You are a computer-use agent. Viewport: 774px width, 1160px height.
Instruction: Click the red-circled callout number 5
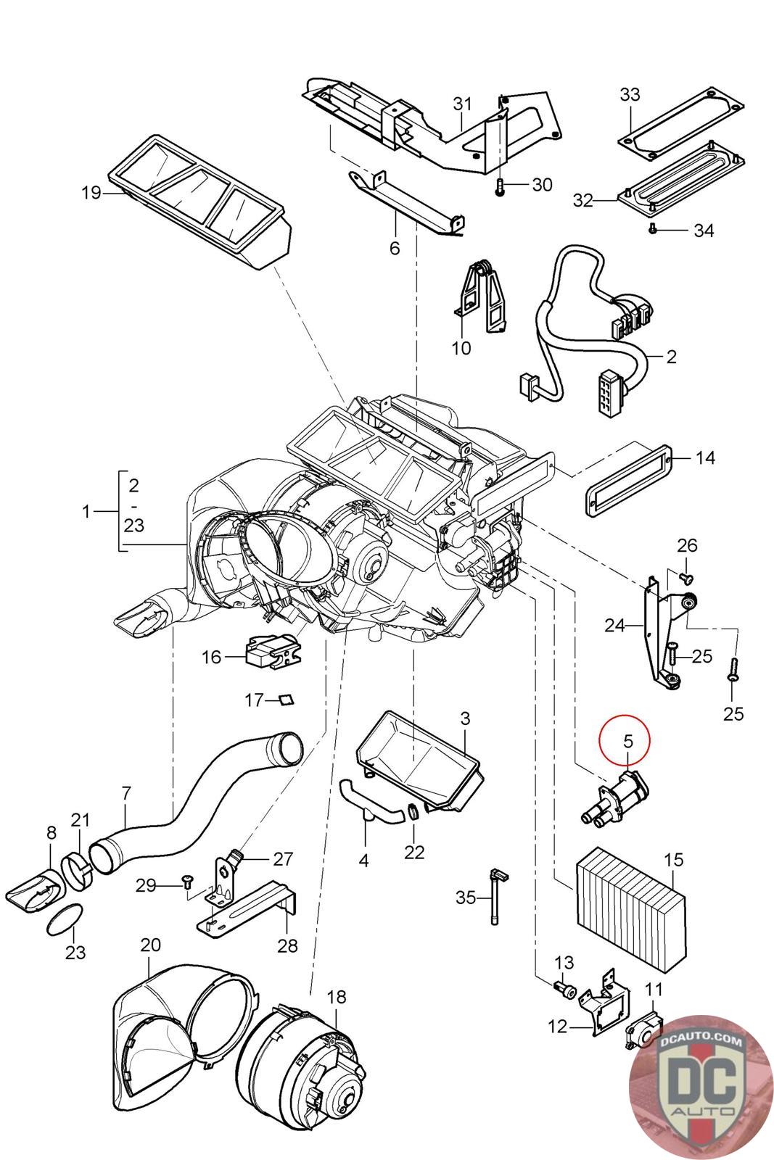coord(627,741)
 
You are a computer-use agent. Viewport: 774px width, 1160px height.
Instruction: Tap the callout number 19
coord(91,193)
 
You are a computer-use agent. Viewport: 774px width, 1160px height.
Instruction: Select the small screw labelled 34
coord(653,228)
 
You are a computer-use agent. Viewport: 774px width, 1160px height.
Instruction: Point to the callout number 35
coord(465,896)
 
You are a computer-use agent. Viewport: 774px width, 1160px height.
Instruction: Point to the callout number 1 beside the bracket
coord(86,512)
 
